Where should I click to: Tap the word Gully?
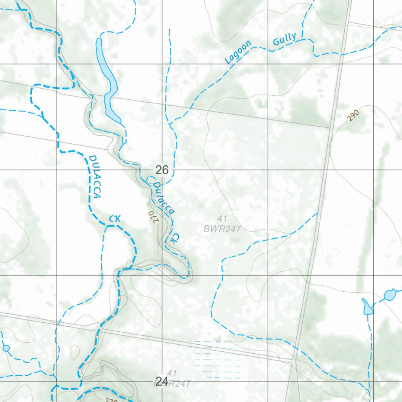(x=285, y=40)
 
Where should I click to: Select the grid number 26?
(x=162, y=170)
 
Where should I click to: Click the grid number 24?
(x=162, y=381)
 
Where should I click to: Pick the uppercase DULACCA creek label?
(x=95, y=177)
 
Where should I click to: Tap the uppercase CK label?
(x=114, y=219)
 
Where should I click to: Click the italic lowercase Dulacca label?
(x=163, y=198)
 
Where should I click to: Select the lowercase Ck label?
(x=175, y=238)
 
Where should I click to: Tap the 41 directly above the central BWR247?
(x=222, y=218)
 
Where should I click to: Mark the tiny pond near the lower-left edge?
(x=6, y=348)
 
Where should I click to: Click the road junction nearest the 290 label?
(x=330, y=128)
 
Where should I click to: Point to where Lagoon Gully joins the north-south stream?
(x=170, y=125)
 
